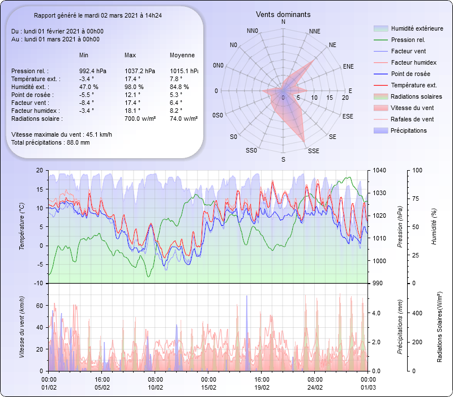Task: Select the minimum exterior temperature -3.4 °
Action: point(87,79)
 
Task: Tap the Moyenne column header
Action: point(182,55)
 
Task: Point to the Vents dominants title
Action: point(283,14)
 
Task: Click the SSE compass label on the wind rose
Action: point(313,151)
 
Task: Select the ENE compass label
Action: point(348,66)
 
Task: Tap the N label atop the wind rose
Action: point(283,22)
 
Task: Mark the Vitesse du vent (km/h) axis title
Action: point(22,327)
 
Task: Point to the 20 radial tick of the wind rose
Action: point(345,98)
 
